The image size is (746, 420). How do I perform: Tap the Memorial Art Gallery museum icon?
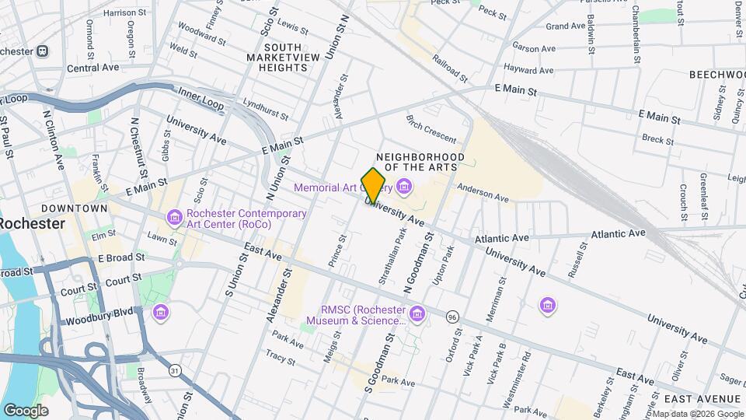(403, 187)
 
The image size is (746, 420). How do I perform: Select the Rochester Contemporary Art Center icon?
(174, 216)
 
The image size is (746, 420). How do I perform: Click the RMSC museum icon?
(417, 313)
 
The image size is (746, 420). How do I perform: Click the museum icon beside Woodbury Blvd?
(161, 313)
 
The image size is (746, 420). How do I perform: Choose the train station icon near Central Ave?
(42, 51)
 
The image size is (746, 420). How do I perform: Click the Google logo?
(25, 411)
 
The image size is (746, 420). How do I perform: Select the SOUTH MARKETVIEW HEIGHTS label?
(277, 58)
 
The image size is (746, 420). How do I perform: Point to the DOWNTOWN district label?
(75, 208)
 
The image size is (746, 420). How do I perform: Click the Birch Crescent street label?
(431, 129)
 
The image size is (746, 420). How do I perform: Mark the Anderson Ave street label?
(482, 193)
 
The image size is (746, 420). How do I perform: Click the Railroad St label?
(450, 68)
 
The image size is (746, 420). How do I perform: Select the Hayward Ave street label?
(528, 68)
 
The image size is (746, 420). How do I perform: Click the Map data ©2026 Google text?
(698, 414)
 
